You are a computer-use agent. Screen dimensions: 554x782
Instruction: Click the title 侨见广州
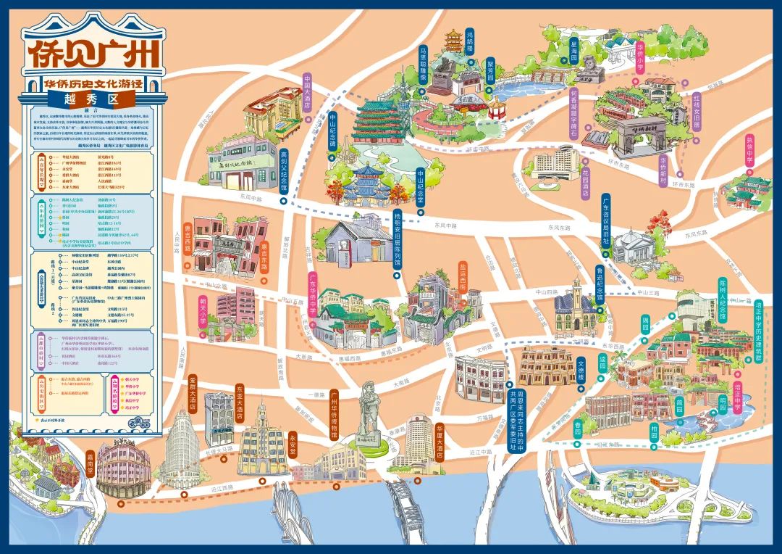[x=92, y=51]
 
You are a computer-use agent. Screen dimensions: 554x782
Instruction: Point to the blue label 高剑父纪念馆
[x=284, y=167]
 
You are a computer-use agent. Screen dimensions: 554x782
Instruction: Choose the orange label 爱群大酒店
[x=193, y=392]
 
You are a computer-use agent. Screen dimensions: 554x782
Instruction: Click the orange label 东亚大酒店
[x=240, y=403]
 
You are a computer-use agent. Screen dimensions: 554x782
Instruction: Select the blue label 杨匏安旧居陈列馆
[x=398, y=239]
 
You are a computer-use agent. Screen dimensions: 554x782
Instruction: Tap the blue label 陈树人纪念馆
[x=722, y=298]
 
